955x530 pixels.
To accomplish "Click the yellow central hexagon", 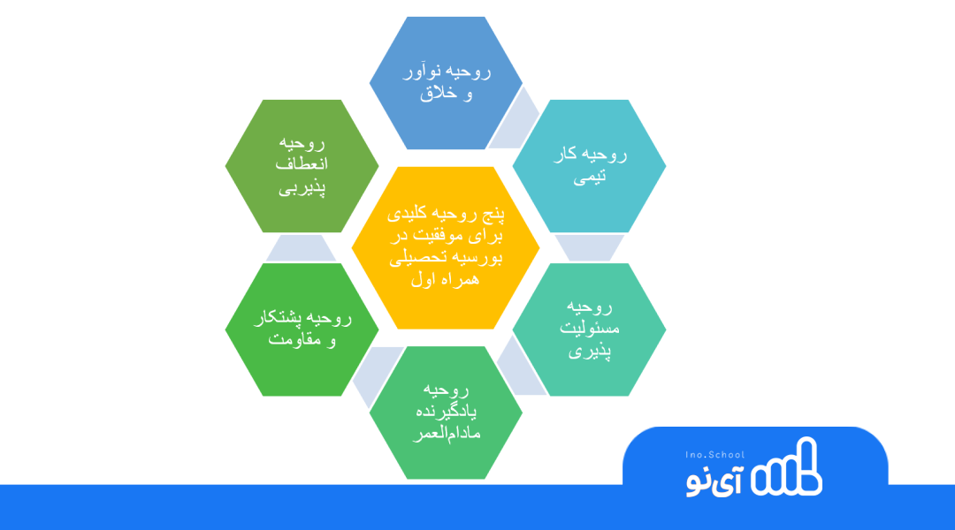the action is pos(446,247).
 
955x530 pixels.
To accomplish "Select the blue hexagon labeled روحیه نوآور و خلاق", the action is pos(446,83).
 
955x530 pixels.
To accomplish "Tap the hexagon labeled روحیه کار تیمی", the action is pos(590,166).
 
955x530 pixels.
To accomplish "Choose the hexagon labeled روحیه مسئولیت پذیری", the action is pos(590,329).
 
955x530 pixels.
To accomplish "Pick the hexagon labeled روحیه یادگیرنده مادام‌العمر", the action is pos(446,413).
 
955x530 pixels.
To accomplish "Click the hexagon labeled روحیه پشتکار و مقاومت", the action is pos(302,329).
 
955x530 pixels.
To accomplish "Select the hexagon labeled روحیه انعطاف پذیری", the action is pos(302,166).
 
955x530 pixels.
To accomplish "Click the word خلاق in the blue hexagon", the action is pos(438,93).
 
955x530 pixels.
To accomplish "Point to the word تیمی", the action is pos(590,177).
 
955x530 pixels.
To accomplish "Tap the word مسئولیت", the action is pos(590,328).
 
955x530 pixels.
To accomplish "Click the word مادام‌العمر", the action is pos(447,434).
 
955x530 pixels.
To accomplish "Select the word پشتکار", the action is pos(278,318).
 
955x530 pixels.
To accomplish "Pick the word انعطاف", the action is pos(302,163).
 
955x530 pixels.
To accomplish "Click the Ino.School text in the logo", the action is pos(715,455).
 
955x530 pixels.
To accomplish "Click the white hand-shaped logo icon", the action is pos(786,466).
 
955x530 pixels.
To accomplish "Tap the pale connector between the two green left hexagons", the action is pos(302,248).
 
